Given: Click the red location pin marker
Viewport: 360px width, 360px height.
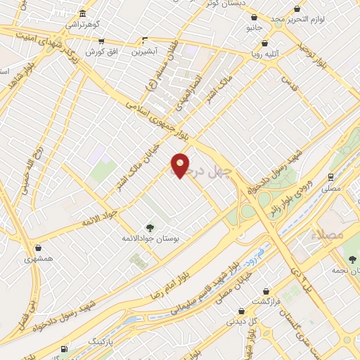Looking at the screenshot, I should [x=181, y=165].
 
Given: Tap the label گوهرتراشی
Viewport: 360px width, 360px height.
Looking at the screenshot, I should [x=83, y=24].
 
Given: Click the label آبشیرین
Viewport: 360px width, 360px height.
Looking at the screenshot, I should [x=146, y=51].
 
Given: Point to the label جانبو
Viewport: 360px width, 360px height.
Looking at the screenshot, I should [x=253, y=28].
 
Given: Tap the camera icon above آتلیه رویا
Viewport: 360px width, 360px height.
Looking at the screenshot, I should [x=264, y=43].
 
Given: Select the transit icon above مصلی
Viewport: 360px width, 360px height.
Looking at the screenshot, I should [x=330, y=176].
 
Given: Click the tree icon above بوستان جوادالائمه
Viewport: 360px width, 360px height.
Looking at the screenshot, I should [x=150, y=226].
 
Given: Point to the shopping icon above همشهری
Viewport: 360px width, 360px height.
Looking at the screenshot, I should [x=37, y=247].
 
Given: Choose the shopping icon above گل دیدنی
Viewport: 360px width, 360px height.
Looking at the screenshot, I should [x=242, y=310].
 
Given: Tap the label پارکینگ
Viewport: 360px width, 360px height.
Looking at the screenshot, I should [x=100, y=341].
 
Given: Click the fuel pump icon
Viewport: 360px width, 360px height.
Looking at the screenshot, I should [x=65, y=349].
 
